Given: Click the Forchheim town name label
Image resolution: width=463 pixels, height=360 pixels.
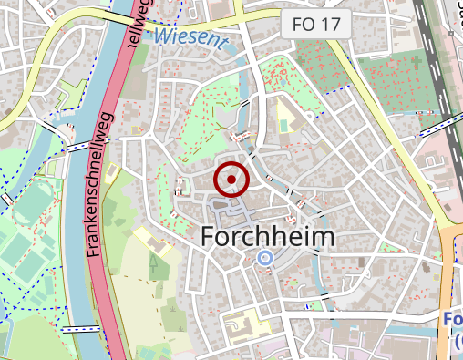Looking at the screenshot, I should click(x=266, y=237).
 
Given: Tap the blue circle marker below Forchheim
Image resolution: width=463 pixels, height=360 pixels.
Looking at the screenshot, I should click(x=265, y=258).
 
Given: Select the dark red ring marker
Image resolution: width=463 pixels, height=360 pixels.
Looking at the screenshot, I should click(x=231, y=180).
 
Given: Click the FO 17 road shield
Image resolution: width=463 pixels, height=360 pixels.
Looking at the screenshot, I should click(x=315, y=25).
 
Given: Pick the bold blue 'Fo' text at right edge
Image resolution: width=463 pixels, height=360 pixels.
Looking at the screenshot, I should click(x=453, y=320).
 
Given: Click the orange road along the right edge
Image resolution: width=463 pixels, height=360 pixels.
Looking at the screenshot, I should click(x=448, y=273).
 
